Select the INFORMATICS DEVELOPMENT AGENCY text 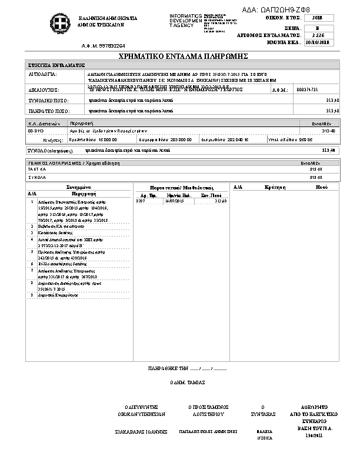tap(185, 19)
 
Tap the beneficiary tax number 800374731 tap(308, 89)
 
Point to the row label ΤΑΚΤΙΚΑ tap(37, 168)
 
